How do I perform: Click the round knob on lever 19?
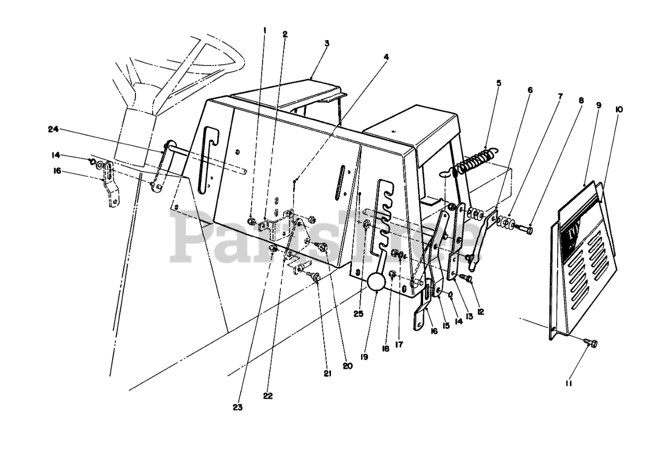click(377, 282)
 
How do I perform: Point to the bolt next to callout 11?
click(591, 342)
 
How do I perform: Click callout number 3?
click(327, 44)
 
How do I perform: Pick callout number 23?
click(238, 407)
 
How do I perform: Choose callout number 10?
click(619, 109)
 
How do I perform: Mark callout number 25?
click(357, 314)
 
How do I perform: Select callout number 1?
click(265, 30)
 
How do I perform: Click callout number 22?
click(268, 396)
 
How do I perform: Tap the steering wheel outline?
click(208, 62)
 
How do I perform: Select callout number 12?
click(480, 312)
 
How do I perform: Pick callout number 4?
click(386, 56)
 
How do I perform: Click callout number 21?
click(327, 373)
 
